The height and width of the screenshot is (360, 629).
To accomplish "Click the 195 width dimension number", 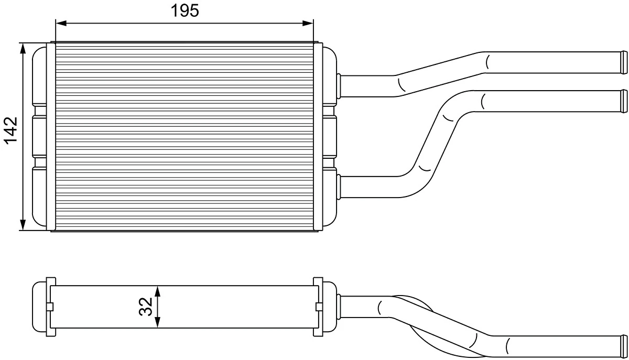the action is coord(185,10).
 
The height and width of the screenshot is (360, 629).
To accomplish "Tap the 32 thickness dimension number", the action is coord(146,307).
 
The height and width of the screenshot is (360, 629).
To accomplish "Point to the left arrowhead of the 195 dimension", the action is coord(61,23).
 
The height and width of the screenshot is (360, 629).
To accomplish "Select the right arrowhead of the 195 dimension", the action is coord(308,23).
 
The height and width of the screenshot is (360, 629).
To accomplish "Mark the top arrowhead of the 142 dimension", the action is coord(23,48).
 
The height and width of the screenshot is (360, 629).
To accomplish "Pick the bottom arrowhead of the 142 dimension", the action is coord(23,225).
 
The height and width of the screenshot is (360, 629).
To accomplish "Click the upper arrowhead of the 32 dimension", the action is coord(158,291).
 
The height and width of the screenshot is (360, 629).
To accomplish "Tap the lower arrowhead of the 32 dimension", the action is coord(158,322).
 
